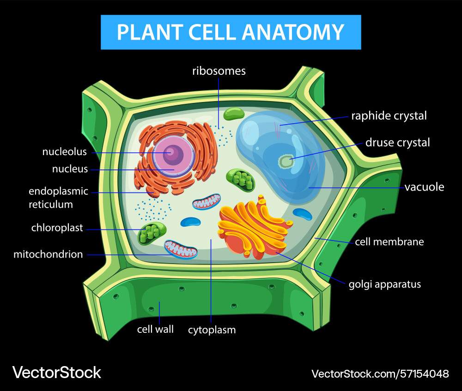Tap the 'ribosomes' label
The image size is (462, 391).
(219, 71)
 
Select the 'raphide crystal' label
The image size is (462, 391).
(389, 115)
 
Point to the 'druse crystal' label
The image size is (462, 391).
(397, 143)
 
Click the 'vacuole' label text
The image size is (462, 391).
(424, 187)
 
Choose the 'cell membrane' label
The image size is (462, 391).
(389, 241)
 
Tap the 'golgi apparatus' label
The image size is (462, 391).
(384, 284)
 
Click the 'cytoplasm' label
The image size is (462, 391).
(212, 330)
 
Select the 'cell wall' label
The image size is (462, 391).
(155, 329)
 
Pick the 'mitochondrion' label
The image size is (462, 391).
(48, 254)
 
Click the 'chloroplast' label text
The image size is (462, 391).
(57, 228)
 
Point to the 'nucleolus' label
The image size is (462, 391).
(64, 151)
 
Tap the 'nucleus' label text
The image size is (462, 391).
(70, 169)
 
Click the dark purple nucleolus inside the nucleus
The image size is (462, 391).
(170, 153)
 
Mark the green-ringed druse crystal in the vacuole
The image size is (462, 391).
(286, 161)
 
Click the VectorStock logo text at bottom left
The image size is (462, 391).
(56, 372)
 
